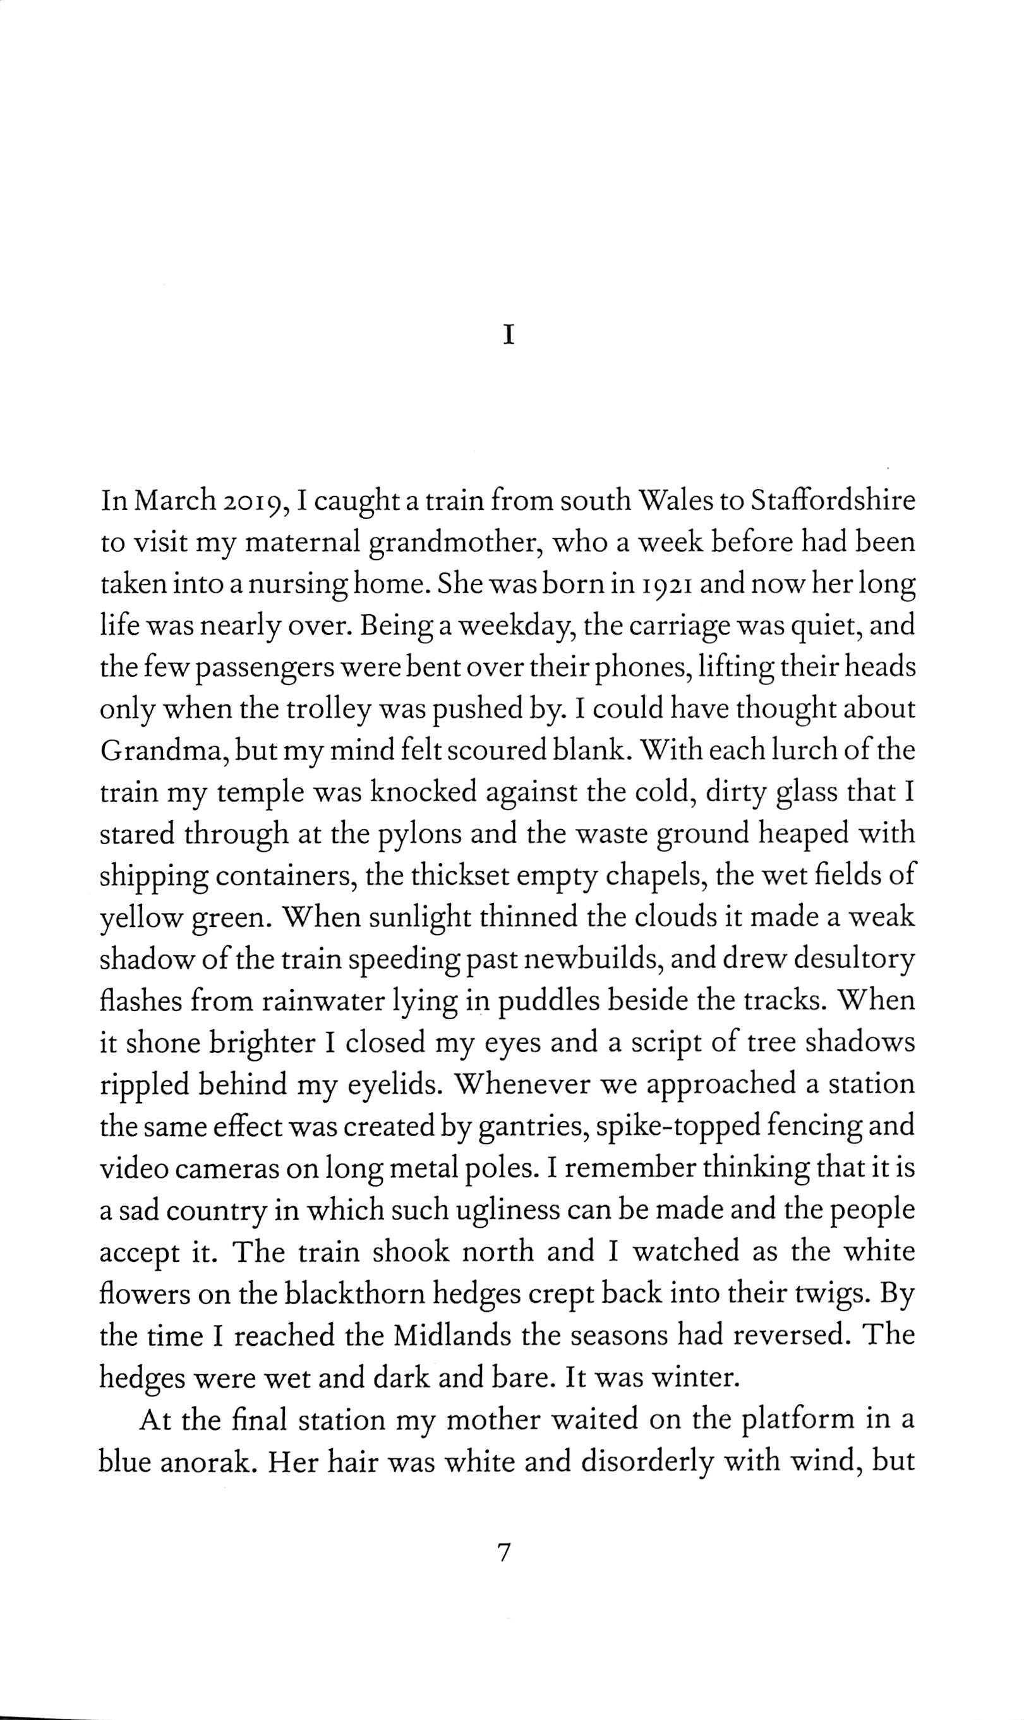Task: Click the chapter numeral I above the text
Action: click(509, 336)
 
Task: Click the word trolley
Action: click(359, 711)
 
